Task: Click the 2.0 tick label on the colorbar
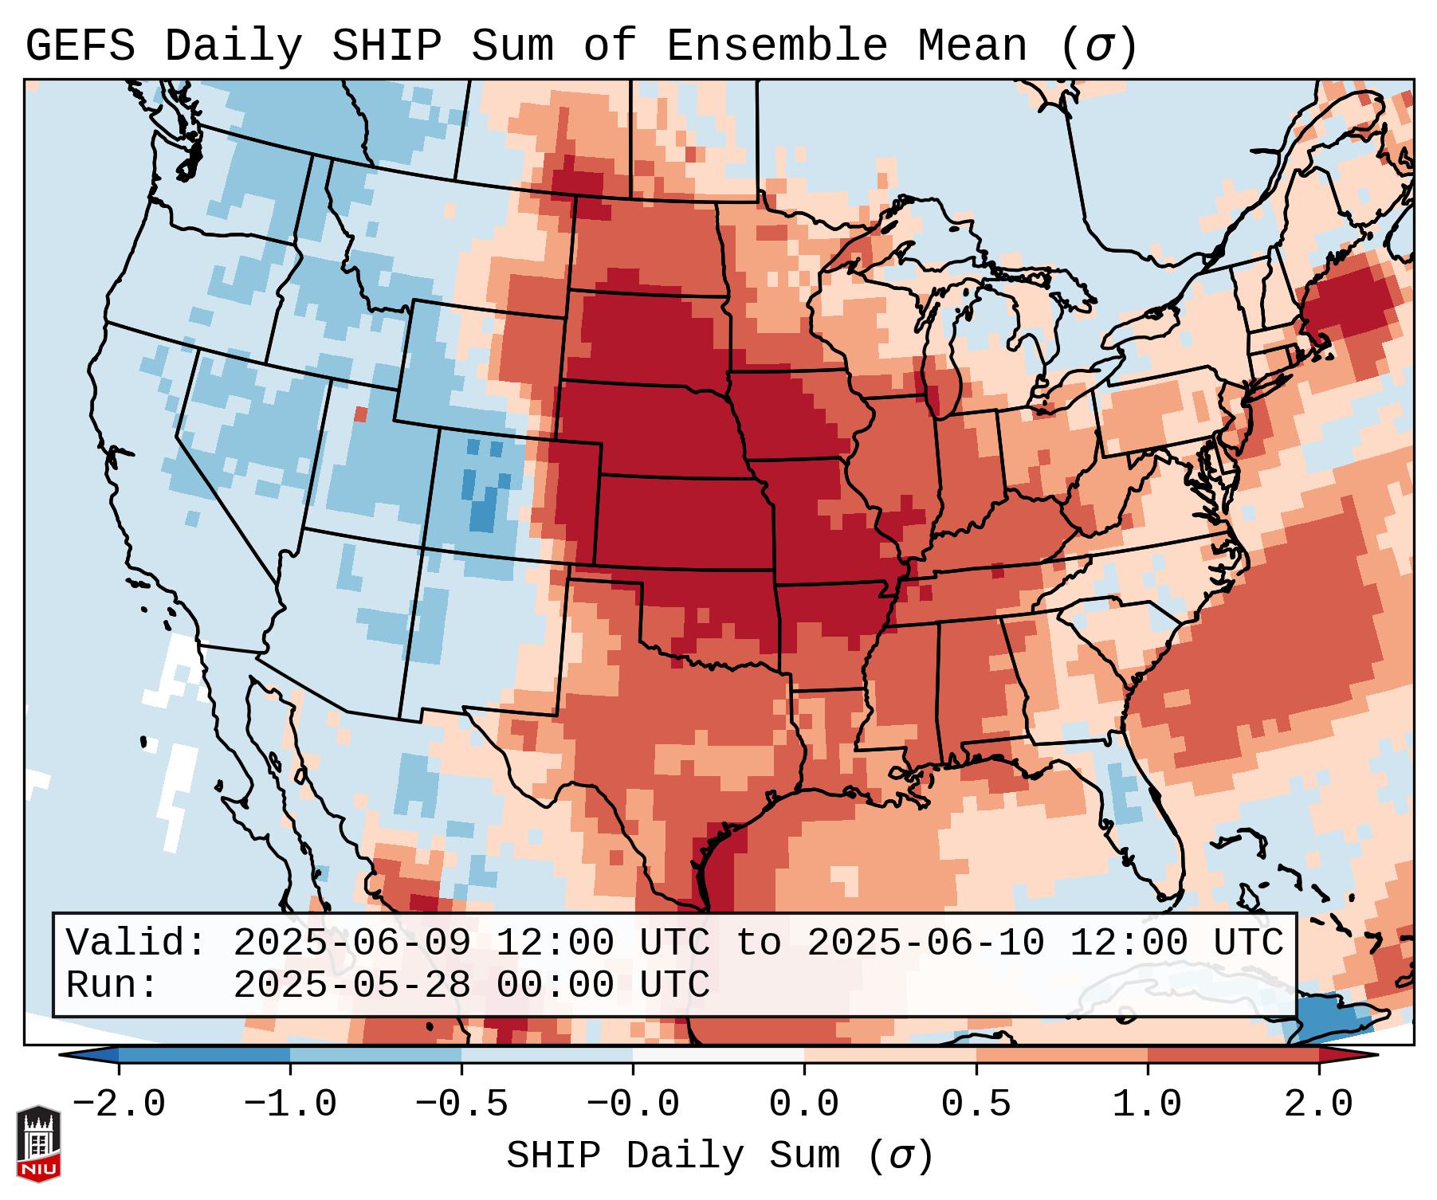tap(1318, 1104)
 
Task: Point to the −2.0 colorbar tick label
tap(119, 1104)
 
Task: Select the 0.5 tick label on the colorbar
tap(976, 1104)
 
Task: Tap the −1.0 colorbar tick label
tap(290, 1104)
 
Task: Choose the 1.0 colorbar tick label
tap(1147, 1104)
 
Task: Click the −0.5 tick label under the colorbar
tap(461, 1104)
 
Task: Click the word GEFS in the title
tap(80, 45)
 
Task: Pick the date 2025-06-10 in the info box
tap(925, 943)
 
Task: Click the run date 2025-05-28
tap(351, 985)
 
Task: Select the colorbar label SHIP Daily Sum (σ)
tap(719, 1155)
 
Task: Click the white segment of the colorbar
tap(718, 1055)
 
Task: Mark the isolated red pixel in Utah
tap(360, 414)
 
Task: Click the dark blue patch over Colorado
tap(483, 514)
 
